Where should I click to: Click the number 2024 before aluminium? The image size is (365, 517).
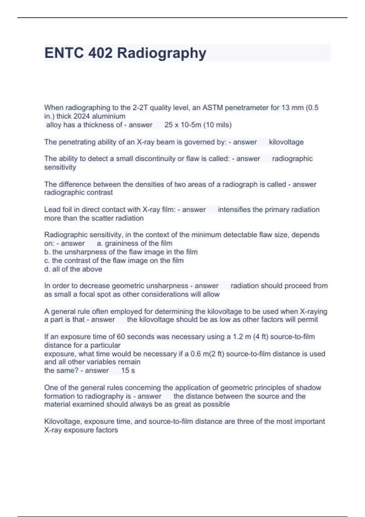[82, 116]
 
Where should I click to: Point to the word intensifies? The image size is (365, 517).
[234, 210]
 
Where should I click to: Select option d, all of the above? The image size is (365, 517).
[73, 269]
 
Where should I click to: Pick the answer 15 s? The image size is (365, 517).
[128, 370]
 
